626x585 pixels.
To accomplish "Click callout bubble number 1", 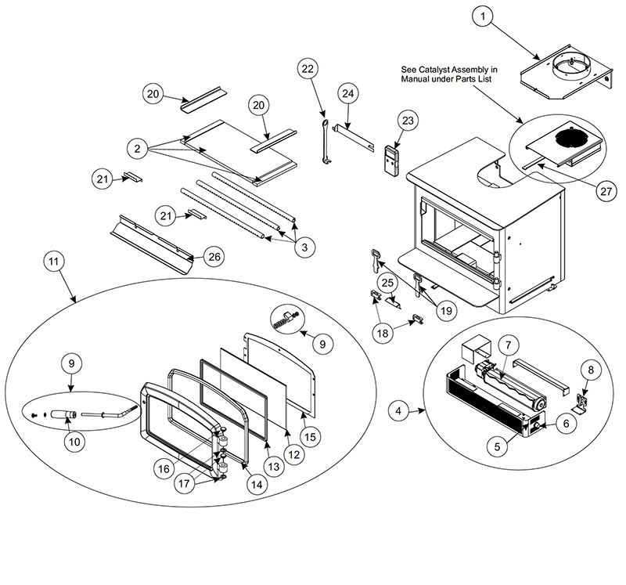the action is pyautogui.click(x=483, y=16).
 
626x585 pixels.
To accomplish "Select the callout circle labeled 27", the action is pyautogui.click(x=606, y=191).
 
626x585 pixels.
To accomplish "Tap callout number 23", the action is pyautogui.click(x=408, y=121).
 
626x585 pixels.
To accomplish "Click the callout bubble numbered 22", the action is pyautogui.click(x=308, y=69).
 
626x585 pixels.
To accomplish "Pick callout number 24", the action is pyautogui.click(x=348, y=93).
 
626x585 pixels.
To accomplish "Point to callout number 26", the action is pyautogui.click(x=214, y=257).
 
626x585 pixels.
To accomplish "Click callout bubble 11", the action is pyautogui.click(x=53, y=262).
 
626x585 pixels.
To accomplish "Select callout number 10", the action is pyautogui.click(x=74, y=442).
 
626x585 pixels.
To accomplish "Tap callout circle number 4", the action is pyautogui.click(x=398, y=410).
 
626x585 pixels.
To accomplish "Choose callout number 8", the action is pyautogui.click(x=591, y=370).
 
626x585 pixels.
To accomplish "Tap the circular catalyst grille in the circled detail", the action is pyautogui.click(x=570, y=138).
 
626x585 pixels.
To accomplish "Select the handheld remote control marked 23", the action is pyautogui.click(x=391, y=160).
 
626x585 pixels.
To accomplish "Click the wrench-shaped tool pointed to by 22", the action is pyautogui.click(x=326, y=141).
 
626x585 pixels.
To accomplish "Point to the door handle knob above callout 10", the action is pyautogui.click(x=64, y=414).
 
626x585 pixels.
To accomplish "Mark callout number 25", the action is pyautogui.click(x=387, y=283).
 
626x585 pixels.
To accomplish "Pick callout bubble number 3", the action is pyautogui.click(x=304, y=247).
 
